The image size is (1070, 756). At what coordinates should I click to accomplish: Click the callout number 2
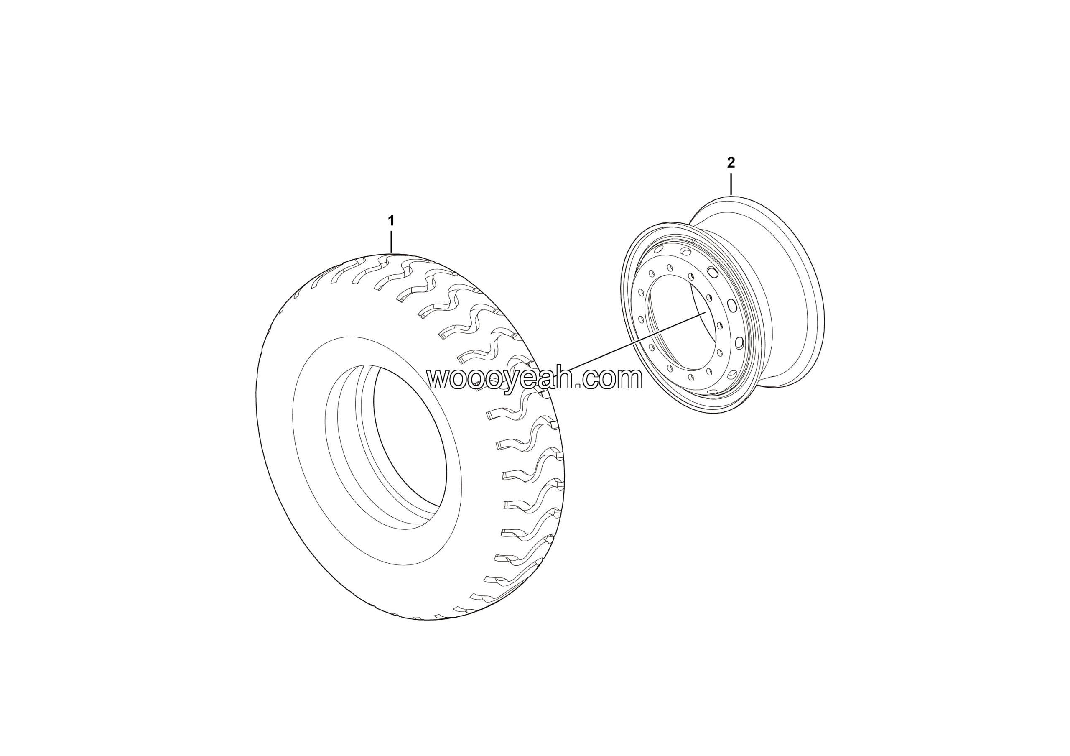click(731, 163)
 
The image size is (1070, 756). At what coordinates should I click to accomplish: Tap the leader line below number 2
click(731, 184)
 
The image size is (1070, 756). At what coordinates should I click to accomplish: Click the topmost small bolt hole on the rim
click(670, 268)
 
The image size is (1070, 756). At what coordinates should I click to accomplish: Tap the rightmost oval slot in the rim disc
click(739, 343)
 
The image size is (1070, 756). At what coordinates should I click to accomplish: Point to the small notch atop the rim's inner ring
click(694, 240)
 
